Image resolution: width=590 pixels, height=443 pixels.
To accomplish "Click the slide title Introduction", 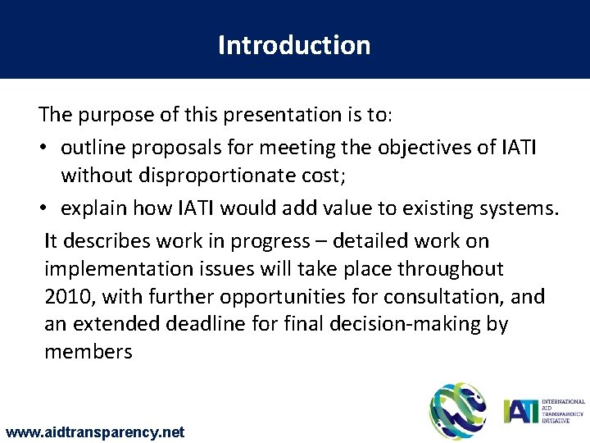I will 294,44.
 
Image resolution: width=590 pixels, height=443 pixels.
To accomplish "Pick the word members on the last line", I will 88,351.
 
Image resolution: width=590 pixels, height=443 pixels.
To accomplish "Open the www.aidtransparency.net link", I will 94,432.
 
